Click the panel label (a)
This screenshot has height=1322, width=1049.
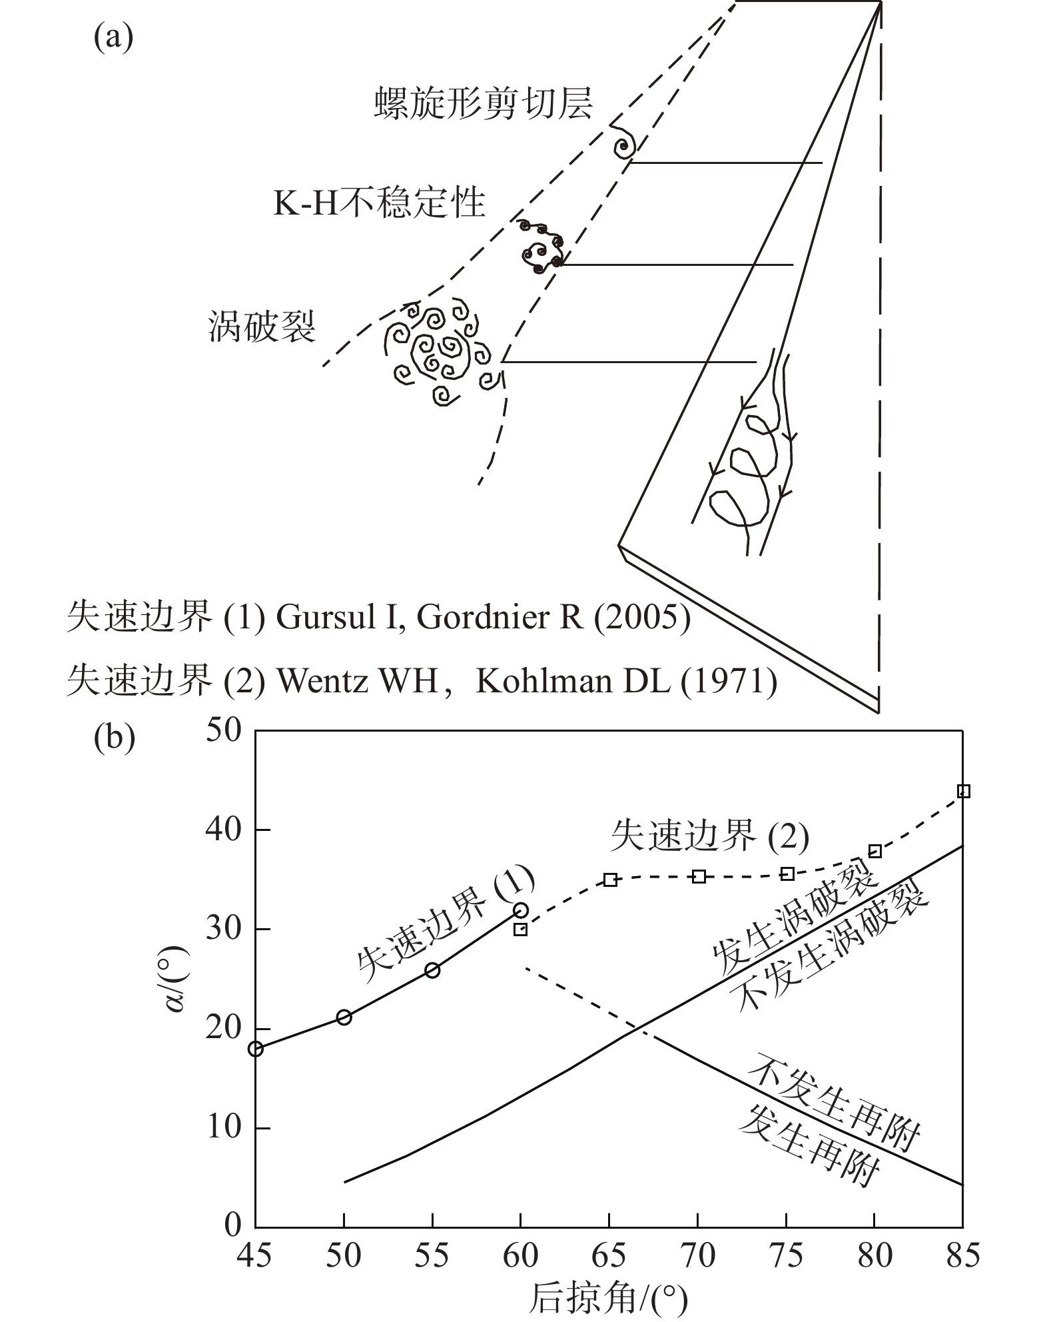113,38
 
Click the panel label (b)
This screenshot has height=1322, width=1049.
115,738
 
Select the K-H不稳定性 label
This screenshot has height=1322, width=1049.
379,203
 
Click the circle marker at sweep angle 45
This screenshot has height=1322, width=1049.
256,1049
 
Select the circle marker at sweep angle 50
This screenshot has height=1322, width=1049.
344,1017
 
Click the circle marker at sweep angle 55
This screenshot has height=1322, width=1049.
432,970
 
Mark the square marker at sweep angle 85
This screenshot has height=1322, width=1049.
963,792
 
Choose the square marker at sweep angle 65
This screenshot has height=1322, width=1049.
610,880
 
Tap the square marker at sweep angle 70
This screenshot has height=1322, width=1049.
699,876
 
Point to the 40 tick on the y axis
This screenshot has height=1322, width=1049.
223,830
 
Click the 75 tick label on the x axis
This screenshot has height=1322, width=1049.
787,1255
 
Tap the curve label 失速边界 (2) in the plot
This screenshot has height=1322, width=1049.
709,836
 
